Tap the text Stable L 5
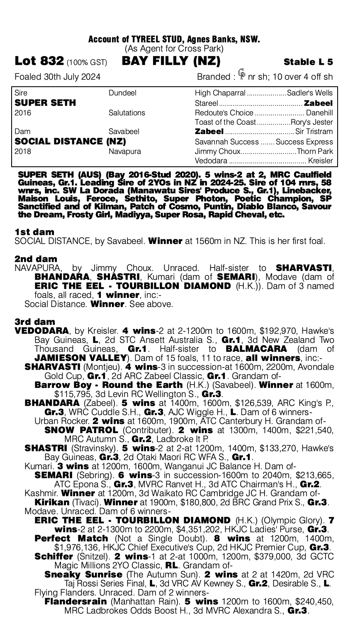point(308,62)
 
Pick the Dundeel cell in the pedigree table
point(122,93)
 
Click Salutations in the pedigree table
point(127,112)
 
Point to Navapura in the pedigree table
point(125,151)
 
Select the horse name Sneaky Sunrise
point(83,574)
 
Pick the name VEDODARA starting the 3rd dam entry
point(41,330)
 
